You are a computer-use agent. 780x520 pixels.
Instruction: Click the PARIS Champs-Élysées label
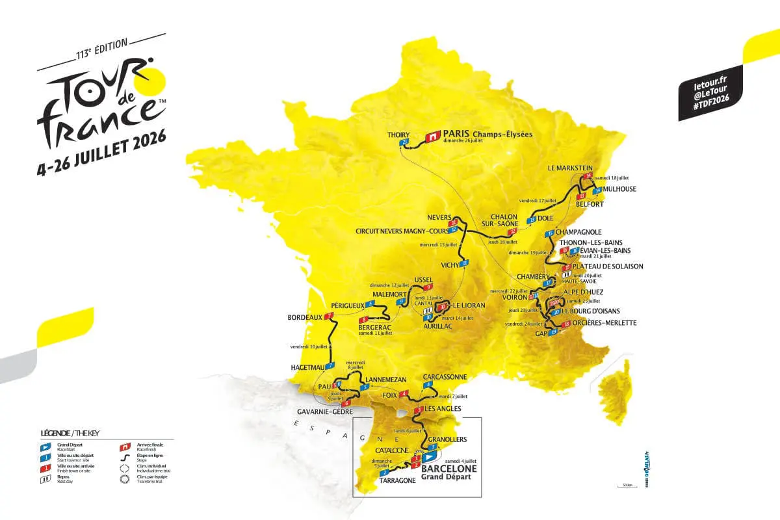click(x=487, y=134)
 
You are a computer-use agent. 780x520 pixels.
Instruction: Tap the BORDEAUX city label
click(x=305, y=317)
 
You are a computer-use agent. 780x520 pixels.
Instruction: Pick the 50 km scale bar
click(x=627, y=486)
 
